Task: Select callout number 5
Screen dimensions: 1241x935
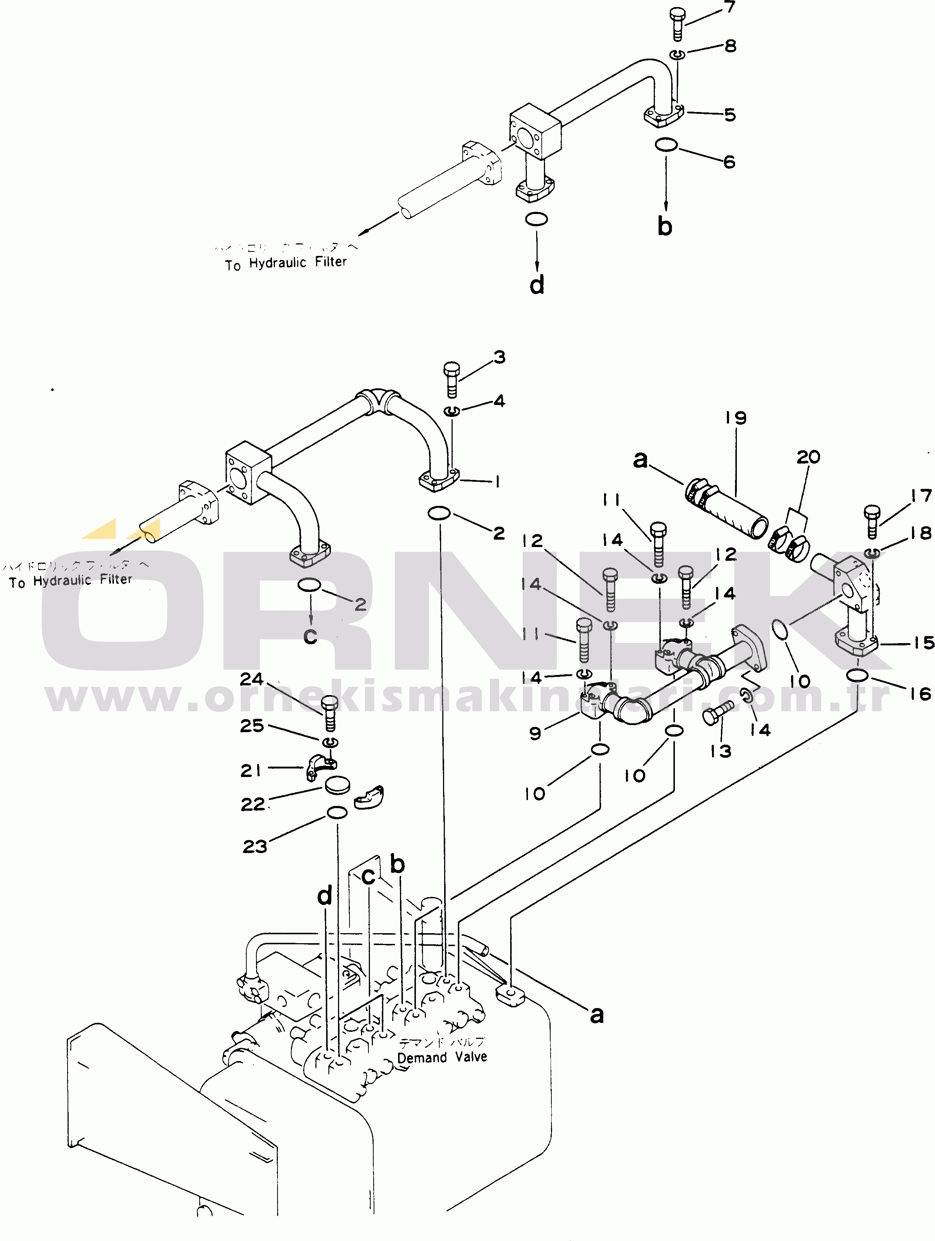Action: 729,115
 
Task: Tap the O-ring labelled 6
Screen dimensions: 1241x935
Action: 666,145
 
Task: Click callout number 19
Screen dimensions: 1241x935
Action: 735,418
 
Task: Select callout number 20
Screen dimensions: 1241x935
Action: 808,457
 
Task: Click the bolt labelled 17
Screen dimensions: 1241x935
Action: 872,521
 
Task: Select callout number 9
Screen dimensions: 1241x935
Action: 535,733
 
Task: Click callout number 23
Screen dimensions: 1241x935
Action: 255,846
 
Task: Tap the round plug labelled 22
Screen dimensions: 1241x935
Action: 337,786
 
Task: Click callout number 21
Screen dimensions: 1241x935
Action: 250,770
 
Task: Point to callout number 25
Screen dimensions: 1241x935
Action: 252,725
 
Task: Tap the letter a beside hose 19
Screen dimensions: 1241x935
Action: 640,460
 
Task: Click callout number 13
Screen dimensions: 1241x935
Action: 721,751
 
